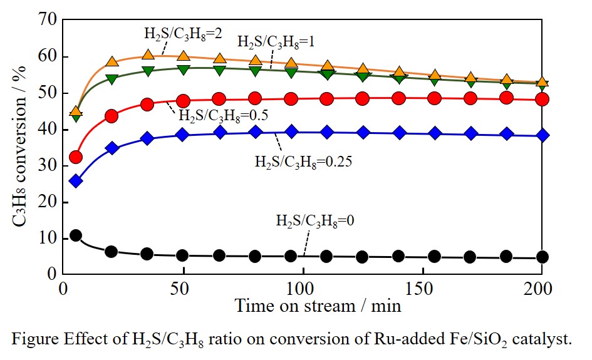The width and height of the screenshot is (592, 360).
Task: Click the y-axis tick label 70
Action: pos(47,21)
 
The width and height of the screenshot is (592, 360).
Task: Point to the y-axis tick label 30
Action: pos(47,166)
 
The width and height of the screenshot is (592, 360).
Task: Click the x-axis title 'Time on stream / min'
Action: pos(318,307)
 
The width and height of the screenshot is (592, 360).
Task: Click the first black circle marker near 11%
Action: pos(76,235)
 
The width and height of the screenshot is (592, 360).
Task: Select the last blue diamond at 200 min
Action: pos(543,135)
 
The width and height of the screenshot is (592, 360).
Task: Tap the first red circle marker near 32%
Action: pos(76,157)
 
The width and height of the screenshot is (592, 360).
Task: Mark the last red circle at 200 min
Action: pos(543,99)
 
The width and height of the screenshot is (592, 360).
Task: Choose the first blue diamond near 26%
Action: pos(76,181)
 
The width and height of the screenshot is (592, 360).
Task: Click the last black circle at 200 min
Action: pos(543,257)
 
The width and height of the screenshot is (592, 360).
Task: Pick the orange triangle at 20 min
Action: pos(112,62)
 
